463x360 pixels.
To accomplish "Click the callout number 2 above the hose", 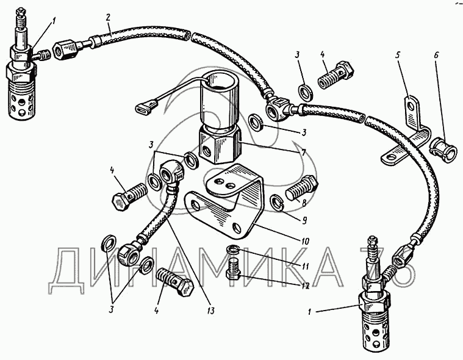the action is click(108, 17).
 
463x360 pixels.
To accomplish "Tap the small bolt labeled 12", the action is click(233, 270).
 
